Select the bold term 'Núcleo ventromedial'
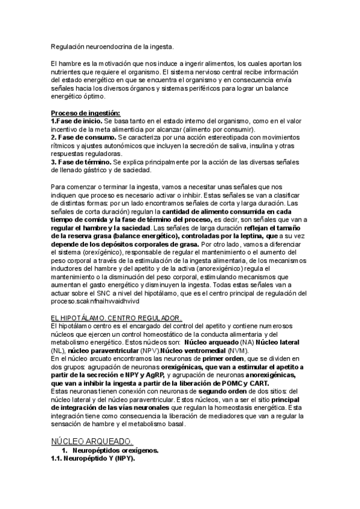pos(194,349)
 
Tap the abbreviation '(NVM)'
pos(238,349)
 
